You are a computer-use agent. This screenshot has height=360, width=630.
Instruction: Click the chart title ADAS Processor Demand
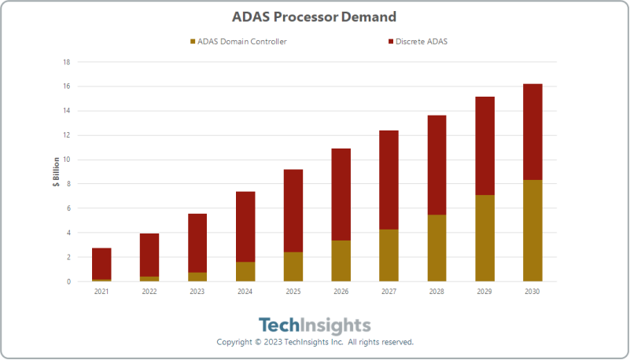314,16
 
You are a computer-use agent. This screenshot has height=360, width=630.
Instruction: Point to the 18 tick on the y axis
67,62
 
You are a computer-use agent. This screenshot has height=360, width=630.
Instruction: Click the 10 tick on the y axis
67,160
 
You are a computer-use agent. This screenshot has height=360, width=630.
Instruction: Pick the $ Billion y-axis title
56,171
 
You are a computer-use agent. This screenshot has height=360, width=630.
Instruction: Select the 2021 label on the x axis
101,292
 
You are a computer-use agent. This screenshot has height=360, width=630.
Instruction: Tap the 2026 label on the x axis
341,292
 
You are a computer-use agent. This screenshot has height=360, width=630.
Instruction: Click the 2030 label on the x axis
532,292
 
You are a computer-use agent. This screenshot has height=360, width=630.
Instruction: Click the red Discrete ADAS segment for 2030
532,132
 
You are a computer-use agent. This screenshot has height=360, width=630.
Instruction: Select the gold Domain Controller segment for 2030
532,231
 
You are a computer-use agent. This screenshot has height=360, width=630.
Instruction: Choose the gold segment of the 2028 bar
437,248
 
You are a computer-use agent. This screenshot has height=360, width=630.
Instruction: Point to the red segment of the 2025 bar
293,211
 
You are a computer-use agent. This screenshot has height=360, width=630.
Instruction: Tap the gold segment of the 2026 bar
341,261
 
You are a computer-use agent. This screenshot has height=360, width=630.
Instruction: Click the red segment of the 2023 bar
197,243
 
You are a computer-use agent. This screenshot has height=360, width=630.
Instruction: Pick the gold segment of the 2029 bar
484,238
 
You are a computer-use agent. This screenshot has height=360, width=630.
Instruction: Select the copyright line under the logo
315,343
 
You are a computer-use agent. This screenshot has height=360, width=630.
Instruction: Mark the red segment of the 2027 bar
389,180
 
